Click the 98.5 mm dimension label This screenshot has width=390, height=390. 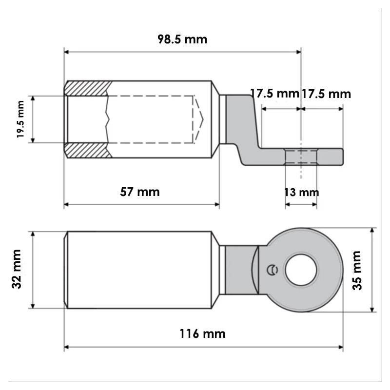[182, 39]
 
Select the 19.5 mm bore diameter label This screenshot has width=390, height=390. [20, 119]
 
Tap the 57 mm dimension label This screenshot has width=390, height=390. [140, 192]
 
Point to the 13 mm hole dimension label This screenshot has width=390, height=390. [301, 192]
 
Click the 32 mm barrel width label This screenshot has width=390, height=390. [17, 269]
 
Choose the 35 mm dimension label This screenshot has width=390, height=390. [357, 271]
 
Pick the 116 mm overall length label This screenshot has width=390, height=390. [202, 334]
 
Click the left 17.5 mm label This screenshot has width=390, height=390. [274, 94]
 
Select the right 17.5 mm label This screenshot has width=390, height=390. [326, 94]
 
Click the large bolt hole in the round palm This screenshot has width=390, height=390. [301, 270]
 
